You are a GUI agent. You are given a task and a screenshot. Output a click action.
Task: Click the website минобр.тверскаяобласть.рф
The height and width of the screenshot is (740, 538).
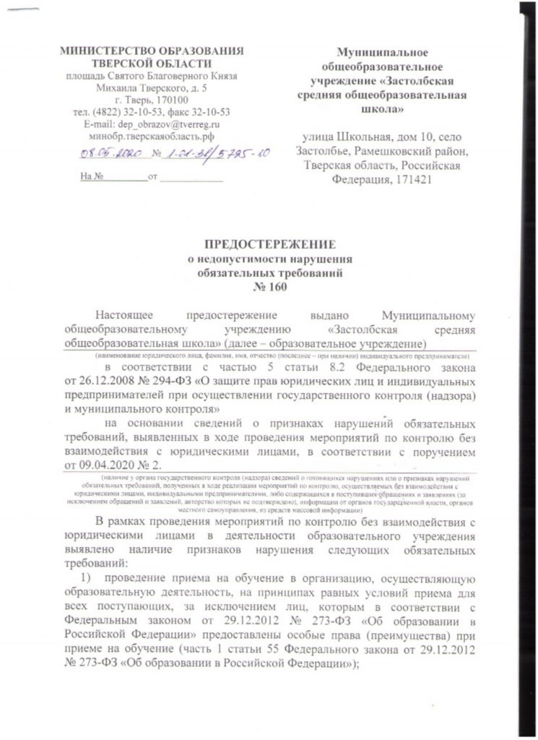[151, 135]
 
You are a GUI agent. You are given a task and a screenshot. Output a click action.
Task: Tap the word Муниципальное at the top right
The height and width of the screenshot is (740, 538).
[383, 51]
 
